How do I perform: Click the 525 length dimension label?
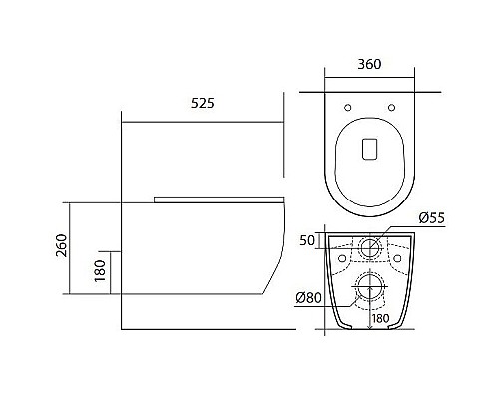coord(203,103)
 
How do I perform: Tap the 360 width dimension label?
coord(369,64)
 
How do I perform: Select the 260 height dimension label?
coord(62,245)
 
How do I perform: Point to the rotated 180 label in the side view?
coord(100,271)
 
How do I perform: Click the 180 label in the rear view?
coord(380,318)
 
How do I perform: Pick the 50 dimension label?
coord(307,240)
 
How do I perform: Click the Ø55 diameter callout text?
coord(432,218)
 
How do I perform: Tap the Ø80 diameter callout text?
coord(309,298)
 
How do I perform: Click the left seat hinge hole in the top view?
coord(348,108)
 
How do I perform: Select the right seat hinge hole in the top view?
coord(392,108)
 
